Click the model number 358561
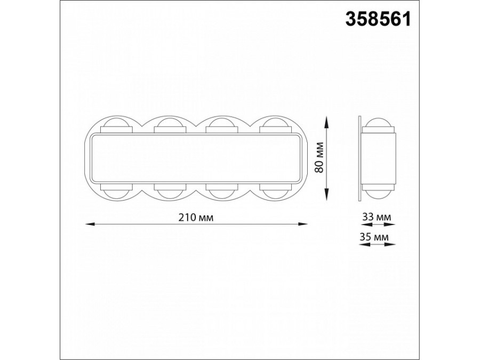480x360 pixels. pyautogui.click(x=378, y=20)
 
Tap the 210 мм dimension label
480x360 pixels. pyautogui.click(x=196, y=218)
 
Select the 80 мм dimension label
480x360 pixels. pyautogui.click(x=319, y=158)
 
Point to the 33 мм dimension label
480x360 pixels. pyautogui.click(x=377, y=217)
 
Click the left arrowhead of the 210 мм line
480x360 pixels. pyautogui.click(x=90, y=225)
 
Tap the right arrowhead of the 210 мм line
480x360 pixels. pyautogui.click(x=303, y=225)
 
